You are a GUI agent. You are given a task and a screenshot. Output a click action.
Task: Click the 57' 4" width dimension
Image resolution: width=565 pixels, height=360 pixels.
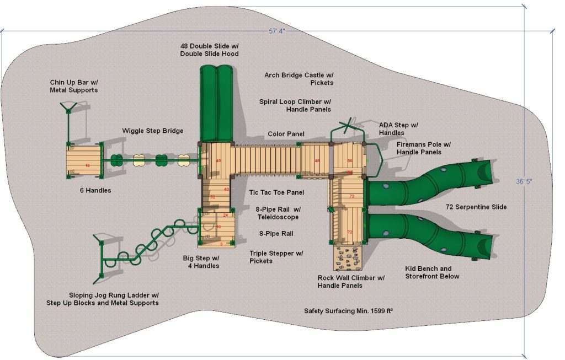click(x=276, y=31)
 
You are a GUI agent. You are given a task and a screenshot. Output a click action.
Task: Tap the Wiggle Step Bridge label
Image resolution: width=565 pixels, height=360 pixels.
click(x=153, y=131)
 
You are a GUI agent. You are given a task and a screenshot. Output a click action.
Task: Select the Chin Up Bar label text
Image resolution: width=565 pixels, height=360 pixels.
click(x=73, y=86)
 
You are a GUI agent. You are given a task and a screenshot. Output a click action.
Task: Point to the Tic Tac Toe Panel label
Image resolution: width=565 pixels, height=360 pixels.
click(x=268, y=192)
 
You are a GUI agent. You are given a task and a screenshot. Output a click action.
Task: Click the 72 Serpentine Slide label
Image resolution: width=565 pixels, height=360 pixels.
click(x=476, y=207)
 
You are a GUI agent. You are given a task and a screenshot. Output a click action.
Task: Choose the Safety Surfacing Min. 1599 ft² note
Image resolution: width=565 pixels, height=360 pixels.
click(x=348, y=311)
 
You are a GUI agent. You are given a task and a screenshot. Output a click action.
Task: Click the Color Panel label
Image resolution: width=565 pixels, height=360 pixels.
click(x=286, y=134)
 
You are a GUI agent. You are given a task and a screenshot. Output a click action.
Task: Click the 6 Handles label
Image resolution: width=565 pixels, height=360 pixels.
click(x=95, y=191)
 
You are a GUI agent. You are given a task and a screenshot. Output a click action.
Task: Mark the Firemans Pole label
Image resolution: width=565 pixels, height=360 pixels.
click(x=423, y=148)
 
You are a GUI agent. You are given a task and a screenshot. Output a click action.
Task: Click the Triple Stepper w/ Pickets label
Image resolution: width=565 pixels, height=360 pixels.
click(x=276, y=257)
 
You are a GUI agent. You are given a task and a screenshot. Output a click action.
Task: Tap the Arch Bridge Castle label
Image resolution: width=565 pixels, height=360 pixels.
click(x=299, y=79)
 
